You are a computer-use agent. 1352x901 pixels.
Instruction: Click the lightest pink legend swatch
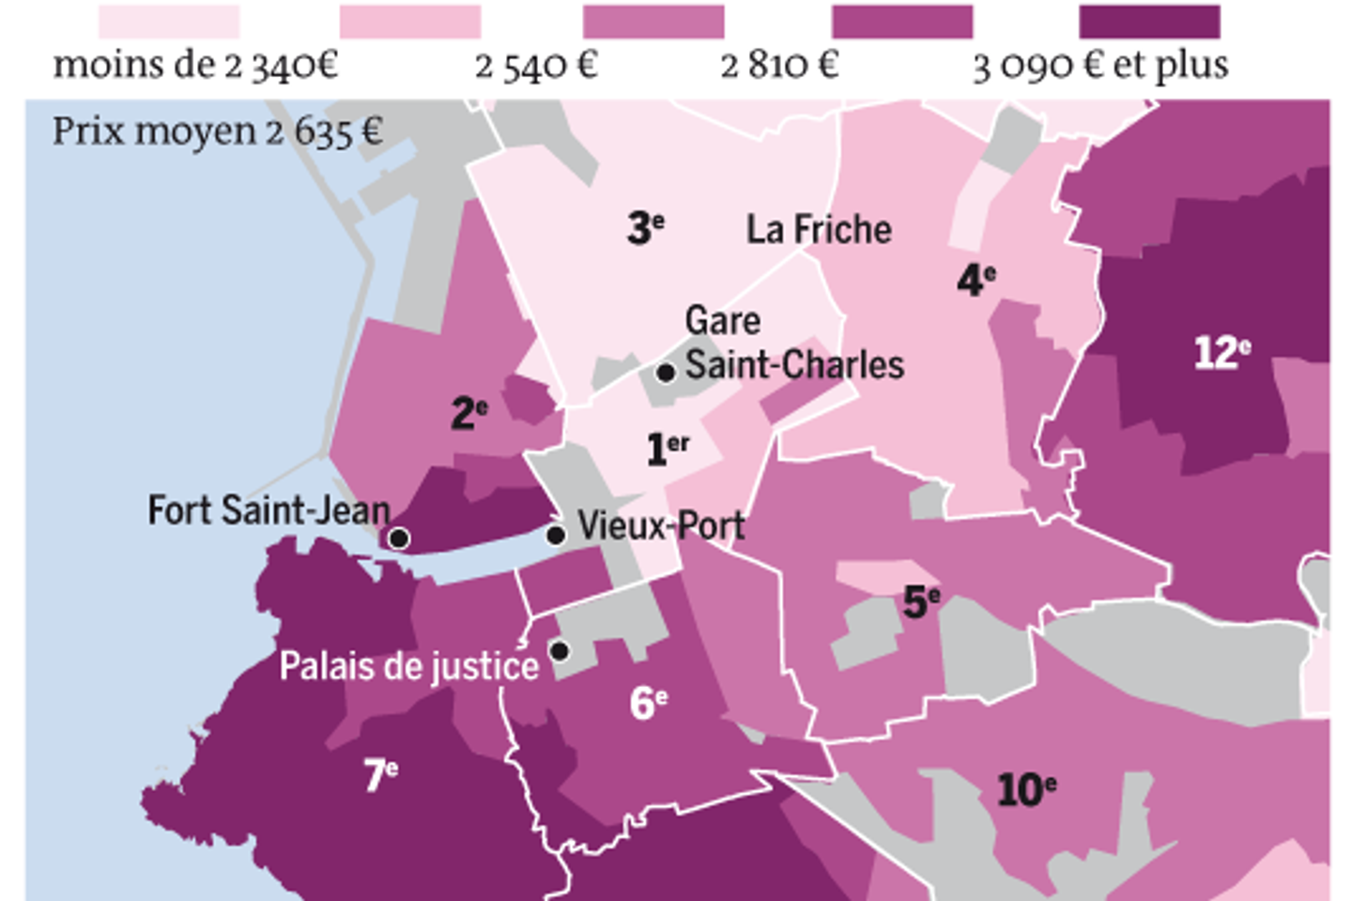click(169, 21)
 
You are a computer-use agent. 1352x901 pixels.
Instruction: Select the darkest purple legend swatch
click(1149, 21)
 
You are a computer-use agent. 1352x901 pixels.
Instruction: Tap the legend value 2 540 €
click(536, 66)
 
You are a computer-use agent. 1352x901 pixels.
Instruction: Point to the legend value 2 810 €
click(779, 66)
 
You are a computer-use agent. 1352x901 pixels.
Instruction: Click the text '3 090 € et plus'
click(1100, 66)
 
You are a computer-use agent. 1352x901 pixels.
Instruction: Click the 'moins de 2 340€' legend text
click(195, 66)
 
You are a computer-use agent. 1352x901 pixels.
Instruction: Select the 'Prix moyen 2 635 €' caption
click(217, 131)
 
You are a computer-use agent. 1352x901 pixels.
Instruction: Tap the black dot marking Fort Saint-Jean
click(399, 538)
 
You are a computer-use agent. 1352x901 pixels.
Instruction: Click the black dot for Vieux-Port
click(556, 535)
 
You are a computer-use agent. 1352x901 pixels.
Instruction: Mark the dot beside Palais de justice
click(560, 650)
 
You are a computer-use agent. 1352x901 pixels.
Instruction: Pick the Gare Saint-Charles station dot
click(666, 373)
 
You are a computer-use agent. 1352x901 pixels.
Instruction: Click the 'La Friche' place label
click(819, 230)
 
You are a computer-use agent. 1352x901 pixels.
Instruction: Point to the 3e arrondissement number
click(646, 227)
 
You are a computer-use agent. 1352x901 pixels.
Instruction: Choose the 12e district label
click(1221, 353)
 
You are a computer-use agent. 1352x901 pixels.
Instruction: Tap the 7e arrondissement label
click(381, 775)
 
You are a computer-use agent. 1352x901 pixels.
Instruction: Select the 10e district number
click(1026, 790)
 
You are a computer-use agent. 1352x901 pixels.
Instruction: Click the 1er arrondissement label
click(668, 449)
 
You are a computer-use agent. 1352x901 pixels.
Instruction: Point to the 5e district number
click(921, 602)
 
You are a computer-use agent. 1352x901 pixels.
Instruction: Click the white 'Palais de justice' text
click(409, 666)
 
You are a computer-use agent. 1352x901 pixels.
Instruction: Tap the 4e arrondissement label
click(976, 280)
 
